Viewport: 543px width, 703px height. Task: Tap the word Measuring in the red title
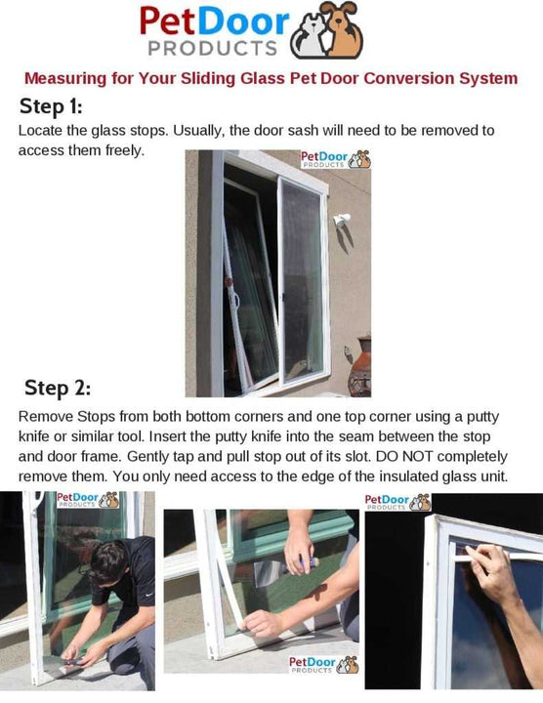pos(67,78)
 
